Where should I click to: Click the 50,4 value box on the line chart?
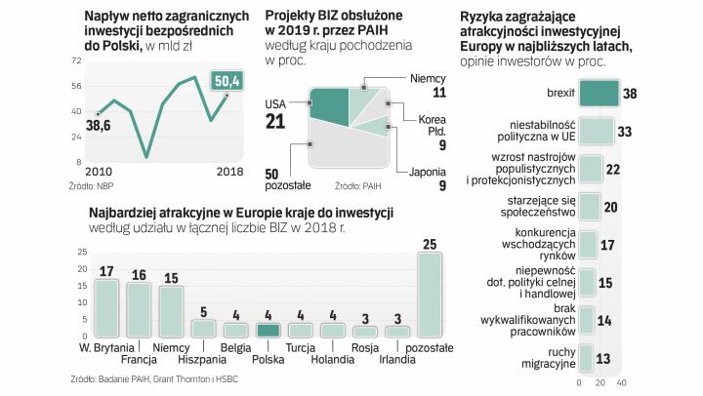click(228, 79)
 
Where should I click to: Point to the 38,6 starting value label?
click(98, 126)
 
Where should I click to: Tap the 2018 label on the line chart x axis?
click(229, 172)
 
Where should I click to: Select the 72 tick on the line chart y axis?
click(75, 60)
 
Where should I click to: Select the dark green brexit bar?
click(598, 94)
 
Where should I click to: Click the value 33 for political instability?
click(629, 132)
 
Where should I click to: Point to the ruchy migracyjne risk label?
click(548, 358)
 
